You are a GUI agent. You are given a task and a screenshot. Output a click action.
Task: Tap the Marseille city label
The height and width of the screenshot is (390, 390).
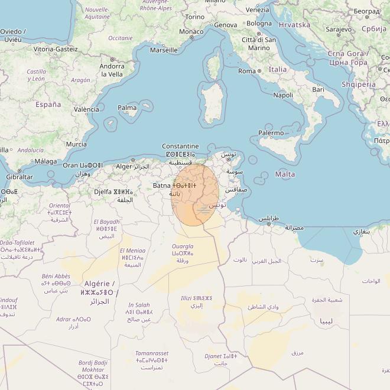tap(164, 50)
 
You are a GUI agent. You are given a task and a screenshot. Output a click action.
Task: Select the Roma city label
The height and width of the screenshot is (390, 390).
tap(246, 71)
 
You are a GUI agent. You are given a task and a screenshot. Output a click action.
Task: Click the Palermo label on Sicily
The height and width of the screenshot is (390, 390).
tap(271, 134)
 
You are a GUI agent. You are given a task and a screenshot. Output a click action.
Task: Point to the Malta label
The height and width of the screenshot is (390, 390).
tap(285, 174)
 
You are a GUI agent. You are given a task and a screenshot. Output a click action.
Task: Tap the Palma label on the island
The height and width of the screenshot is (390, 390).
tap(127, 108)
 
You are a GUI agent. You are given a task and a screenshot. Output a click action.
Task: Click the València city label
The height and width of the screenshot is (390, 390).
tap(86, 109)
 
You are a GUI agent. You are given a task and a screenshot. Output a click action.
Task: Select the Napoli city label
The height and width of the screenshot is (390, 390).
tap(283, 95)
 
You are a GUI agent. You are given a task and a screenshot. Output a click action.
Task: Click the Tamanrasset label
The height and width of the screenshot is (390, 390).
tap(152, 353)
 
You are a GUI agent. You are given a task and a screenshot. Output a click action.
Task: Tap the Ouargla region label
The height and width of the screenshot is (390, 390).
tap(182, 246)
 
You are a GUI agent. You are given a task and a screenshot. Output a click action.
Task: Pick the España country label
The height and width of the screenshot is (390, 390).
tap(48, 105)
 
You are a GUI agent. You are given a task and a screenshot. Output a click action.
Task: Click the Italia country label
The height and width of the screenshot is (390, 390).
tap(278, 69)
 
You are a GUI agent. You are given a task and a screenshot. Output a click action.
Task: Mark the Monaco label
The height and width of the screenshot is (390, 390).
tap(191, 31)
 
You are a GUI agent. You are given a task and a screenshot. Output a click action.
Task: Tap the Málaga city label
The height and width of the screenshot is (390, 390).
tap(45, 161)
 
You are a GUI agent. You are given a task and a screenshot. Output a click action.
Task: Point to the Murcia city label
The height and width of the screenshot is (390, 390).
tap(76, 144)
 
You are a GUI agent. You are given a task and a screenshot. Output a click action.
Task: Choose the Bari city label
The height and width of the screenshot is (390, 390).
tap(318, 89)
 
